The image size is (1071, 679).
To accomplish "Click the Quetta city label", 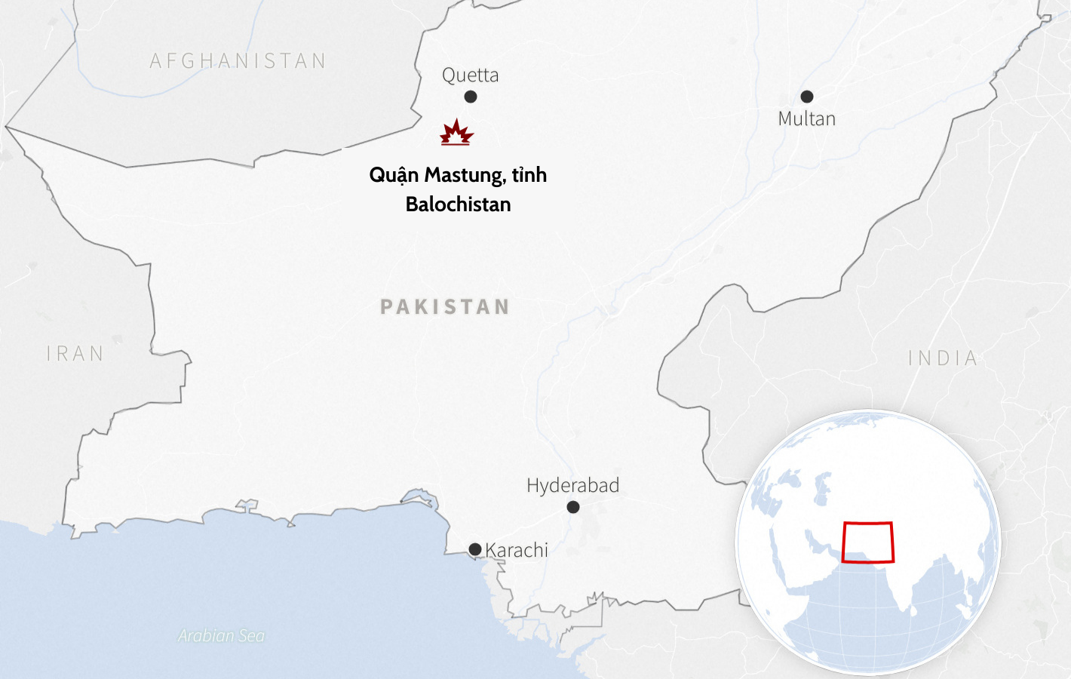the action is (470, 75).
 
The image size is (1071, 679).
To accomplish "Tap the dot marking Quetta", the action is (471, 97).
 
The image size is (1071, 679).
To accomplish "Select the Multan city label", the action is (806, 118).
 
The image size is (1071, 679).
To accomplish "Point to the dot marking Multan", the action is (807, 97).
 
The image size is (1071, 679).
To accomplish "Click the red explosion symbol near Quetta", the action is (456, 132).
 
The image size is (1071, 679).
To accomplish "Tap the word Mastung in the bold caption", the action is (464, 175).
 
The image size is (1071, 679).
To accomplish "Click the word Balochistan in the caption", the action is (458, 204).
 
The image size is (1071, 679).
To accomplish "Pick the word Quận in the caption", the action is (394, 175).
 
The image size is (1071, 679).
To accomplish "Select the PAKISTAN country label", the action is (445, 306).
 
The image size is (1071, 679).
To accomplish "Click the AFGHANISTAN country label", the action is (238, 60).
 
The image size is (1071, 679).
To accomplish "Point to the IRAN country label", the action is (75, 353).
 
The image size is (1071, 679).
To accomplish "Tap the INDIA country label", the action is (943, 358).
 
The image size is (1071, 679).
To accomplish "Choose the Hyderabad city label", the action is (572, 485).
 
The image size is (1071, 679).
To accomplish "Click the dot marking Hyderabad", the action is (573, 507).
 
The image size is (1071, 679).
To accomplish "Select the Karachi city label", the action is (517, 550).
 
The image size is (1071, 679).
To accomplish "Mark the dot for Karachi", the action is (475, 549).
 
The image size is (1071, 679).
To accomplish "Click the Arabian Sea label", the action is (221, 636).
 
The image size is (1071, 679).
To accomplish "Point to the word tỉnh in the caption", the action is (529, 175).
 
